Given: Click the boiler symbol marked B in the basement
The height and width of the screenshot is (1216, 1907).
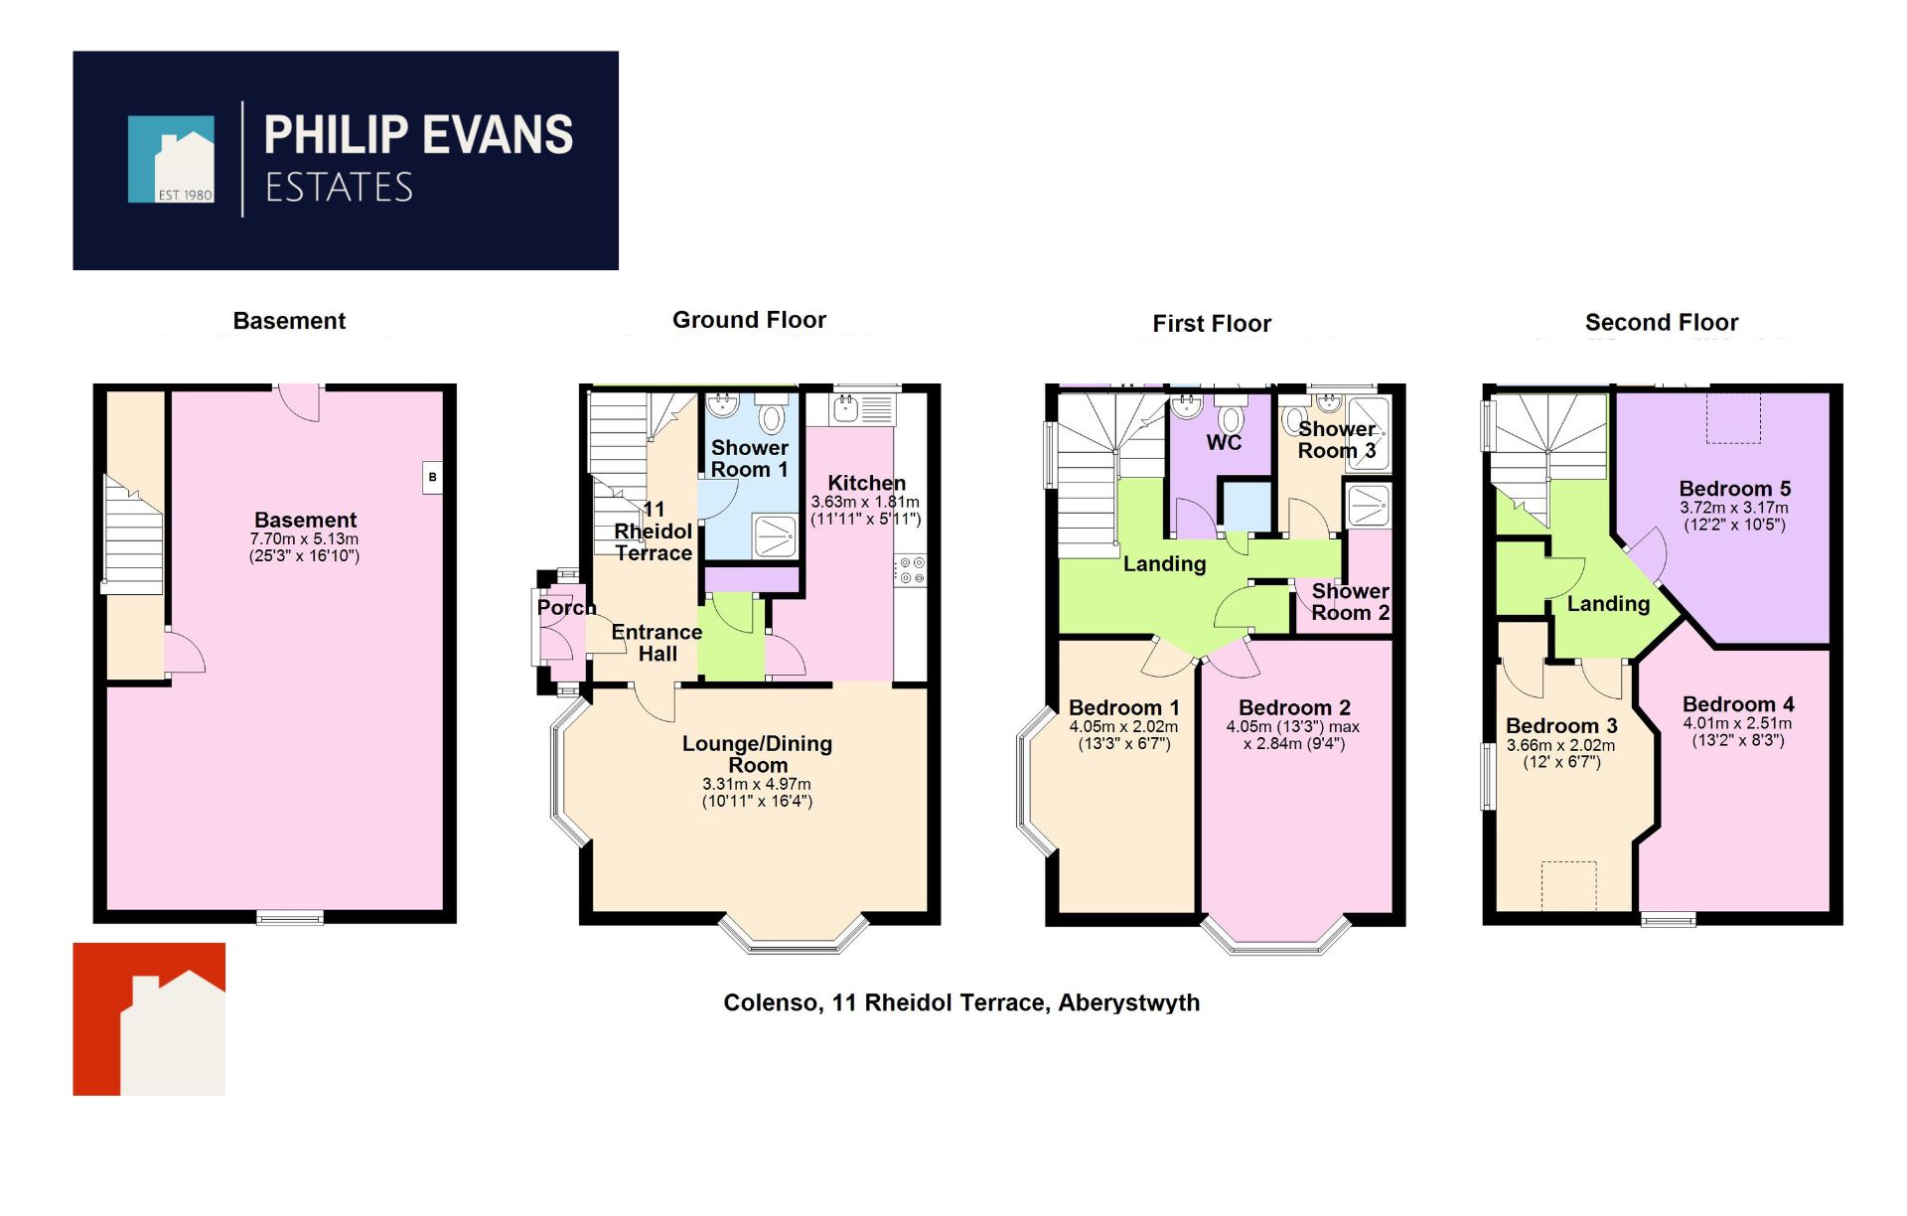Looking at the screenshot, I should coord(432,477).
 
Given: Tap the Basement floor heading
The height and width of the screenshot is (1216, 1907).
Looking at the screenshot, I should coord(289,321).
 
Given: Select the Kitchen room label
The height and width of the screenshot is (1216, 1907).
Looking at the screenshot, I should coord(866,483).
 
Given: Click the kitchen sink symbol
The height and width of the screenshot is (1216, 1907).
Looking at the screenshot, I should coord(846,406).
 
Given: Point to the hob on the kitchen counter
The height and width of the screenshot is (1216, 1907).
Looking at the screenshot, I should coord(912,570).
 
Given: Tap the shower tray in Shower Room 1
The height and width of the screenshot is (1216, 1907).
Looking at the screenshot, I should coord(775,536).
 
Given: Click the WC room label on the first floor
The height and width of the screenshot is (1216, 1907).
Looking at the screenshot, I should coord(1224,443).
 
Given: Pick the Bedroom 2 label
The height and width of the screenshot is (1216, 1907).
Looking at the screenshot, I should coord(1294,707).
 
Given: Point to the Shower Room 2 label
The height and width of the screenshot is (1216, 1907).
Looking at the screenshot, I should coord(1350,602).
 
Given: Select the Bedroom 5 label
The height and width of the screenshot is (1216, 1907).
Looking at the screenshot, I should coord(1734,489).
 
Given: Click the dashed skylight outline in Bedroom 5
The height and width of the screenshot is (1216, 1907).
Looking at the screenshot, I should coord(1733,417).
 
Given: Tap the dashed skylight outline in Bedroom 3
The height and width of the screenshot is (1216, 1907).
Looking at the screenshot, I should coord(1568,885).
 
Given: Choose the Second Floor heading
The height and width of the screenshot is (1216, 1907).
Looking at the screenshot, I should coord(1661,323).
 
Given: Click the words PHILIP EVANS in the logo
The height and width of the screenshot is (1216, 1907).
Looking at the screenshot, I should coord(418,135).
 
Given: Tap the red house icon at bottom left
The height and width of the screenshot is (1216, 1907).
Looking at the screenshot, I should coord(149,1019).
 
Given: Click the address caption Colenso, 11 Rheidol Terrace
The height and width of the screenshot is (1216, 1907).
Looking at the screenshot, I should coord(960,1002).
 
